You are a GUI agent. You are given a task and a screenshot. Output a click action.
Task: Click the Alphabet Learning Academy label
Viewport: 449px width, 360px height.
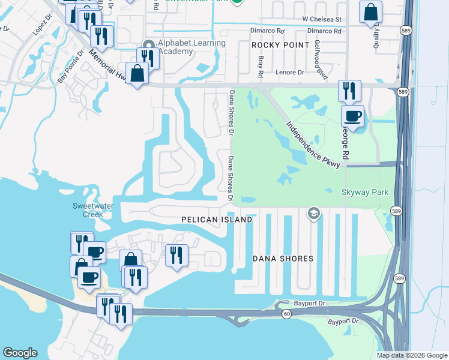[x=191, y=47]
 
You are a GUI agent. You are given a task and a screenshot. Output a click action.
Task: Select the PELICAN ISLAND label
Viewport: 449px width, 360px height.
[x=217, y=220]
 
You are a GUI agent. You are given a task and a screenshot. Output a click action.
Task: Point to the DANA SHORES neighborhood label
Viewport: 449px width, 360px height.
[x=283, y=259]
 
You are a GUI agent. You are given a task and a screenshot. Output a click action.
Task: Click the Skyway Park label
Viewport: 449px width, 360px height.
[x=365, y=193]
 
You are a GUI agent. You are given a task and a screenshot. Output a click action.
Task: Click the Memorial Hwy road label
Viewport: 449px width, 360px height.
[x=110, y=66]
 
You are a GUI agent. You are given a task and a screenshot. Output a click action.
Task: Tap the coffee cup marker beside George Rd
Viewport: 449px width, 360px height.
[x=352, y=115]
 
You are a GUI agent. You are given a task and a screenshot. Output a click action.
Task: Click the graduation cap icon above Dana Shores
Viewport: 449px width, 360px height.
[x=313, y=213]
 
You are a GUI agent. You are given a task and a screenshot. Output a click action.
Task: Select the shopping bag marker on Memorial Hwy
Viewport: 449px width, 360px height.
[x=137, y=74]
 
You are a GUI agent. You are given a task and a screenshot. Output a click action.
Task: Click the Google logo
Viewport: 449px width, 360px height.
[x=20, y=353]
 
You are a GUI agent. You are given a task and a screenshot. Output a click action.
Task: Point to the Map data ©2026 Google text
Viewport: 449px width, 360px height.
[x=411, y=355]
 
